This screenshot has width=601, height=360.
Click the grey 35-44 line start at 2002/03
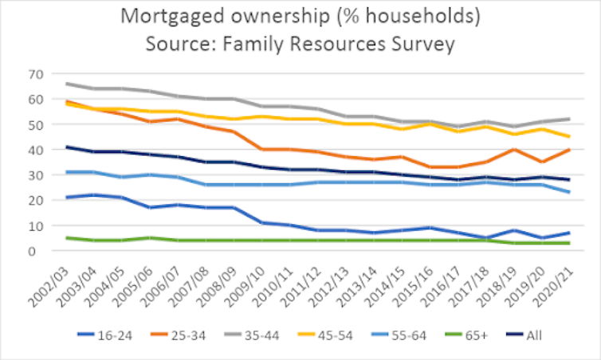click(x=66, y=84)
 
